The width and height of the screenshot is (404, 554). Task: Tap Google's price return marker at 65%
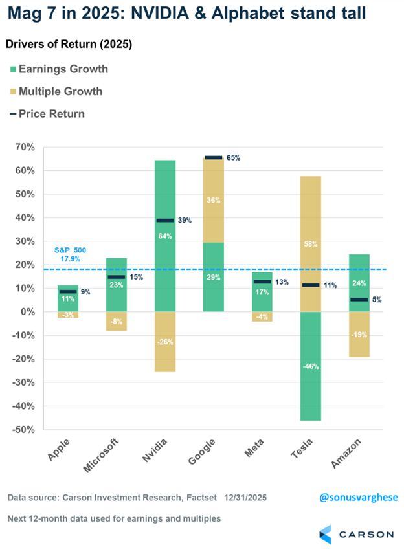[214, 157]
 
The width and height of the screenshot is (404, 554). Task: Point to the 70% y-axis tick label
[27, 148]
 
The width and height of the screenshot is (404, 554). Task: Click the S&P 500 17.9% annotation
[70, 255]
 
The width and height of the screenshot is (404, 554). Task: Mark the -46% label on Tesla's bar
[310, 366]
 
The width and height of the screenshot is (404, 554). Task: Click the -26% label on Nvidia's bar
[164, 342]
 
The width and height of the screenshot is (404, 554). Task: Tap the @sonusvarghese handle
[359, 497]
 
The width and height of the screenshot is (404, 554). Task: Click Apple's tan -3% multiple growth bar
[68, 315]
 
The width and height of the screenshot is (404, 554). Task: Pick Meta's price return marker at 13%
[262, 282]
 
